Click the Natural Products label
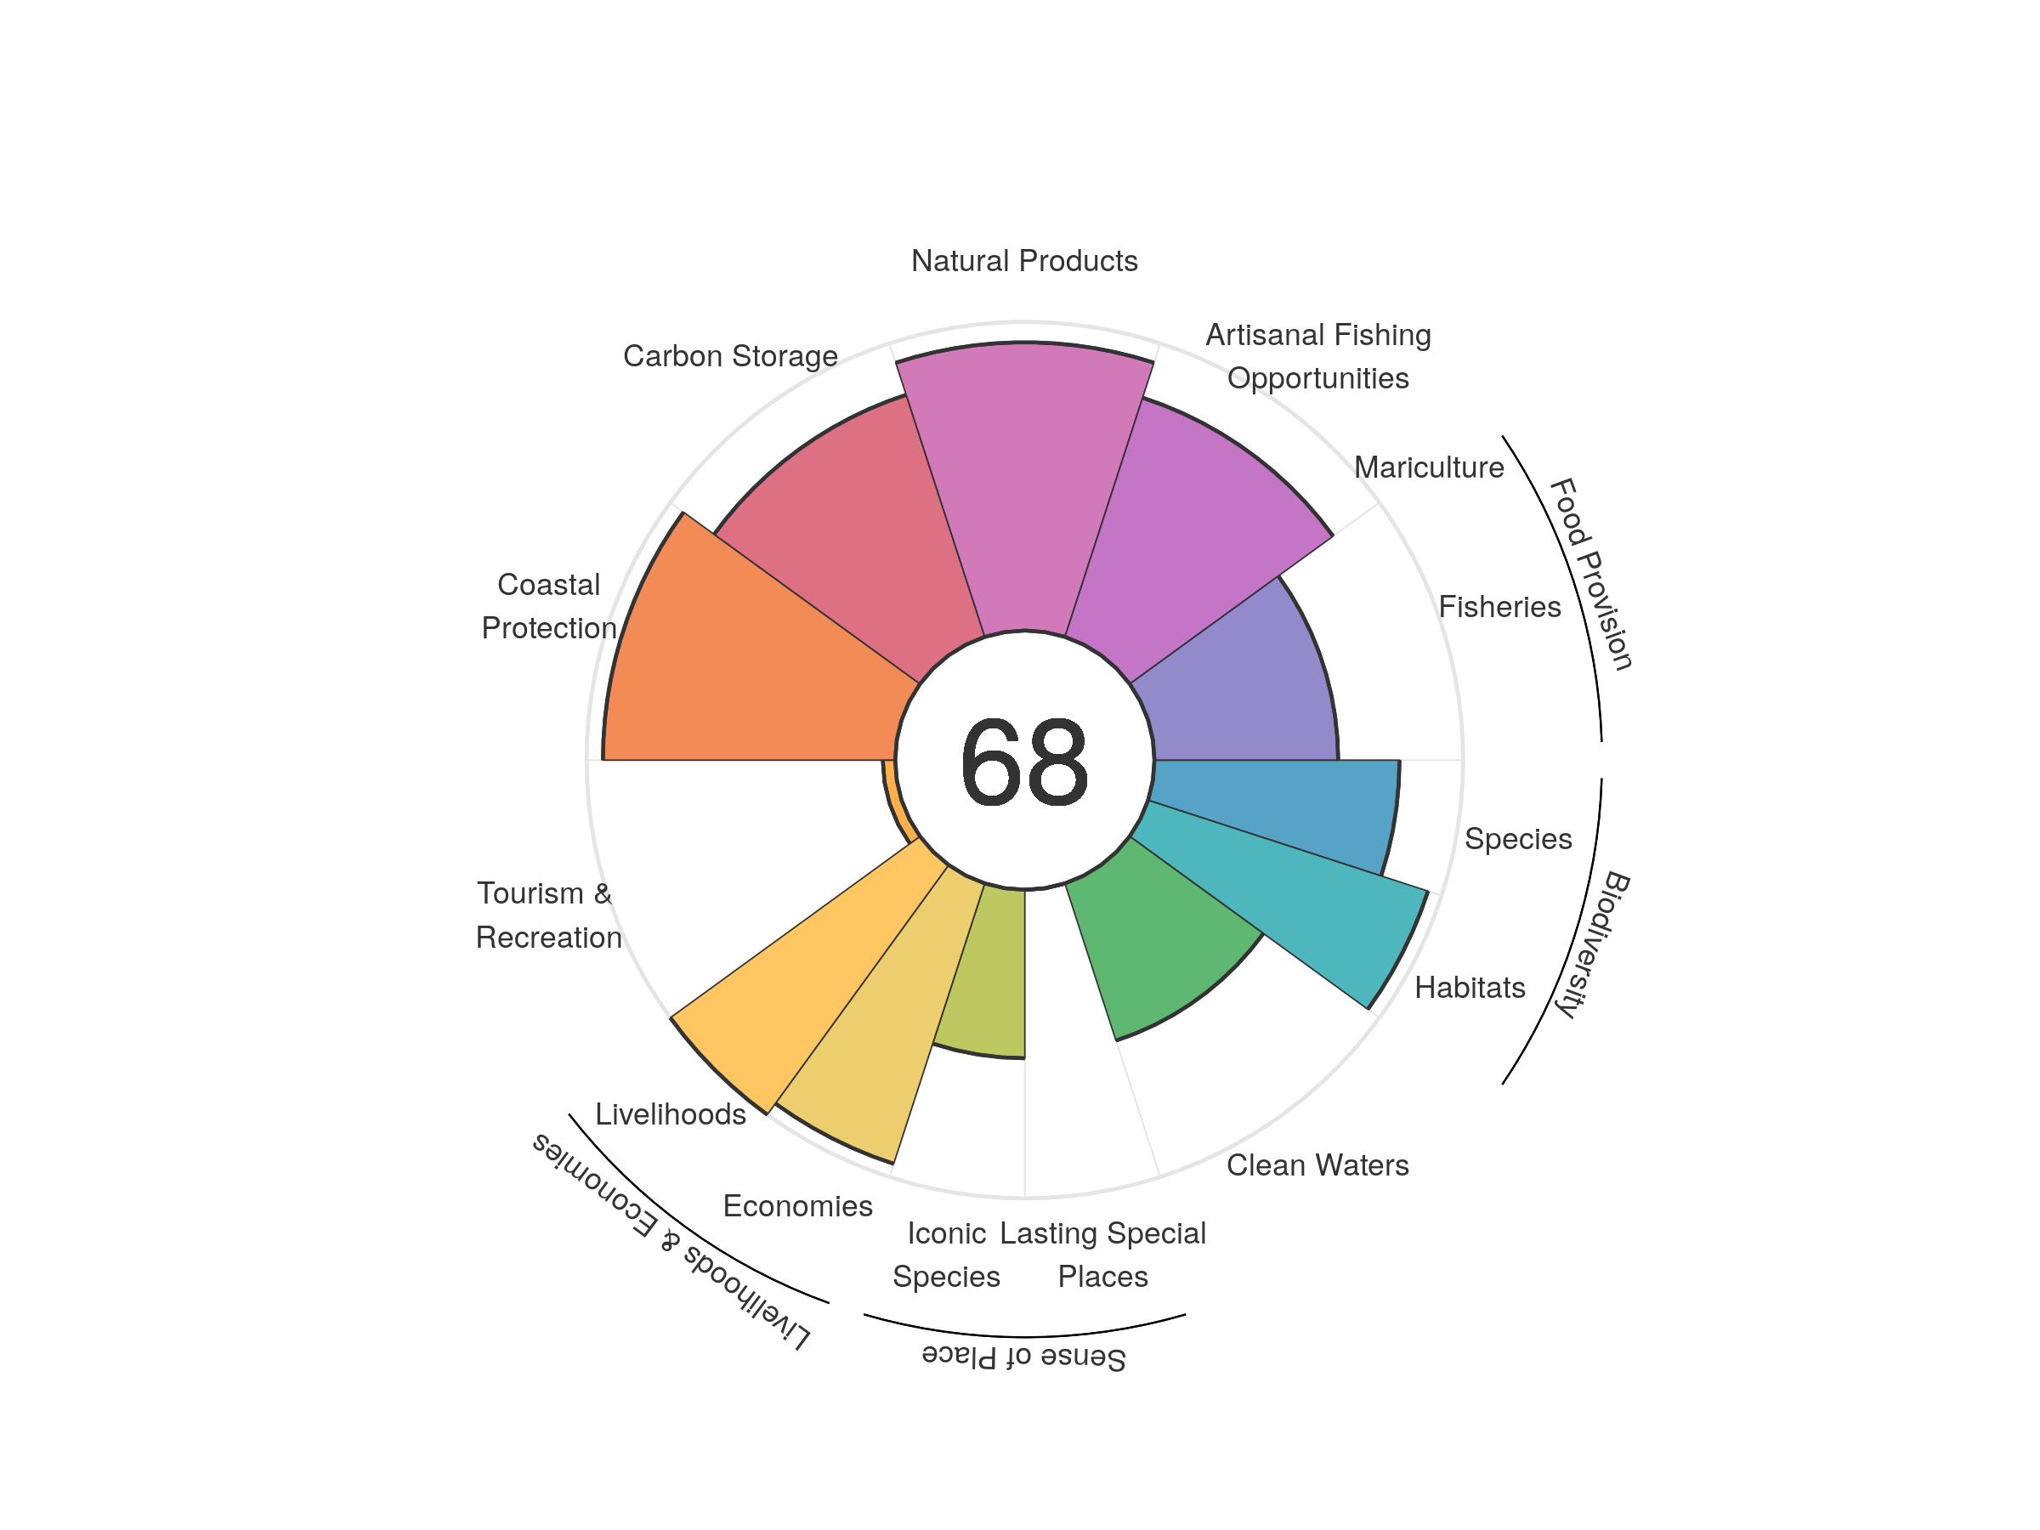[x=1023, y=261]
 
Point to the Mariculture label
[x=1429, y=467]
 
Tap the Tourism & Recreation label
[x=547, y=915]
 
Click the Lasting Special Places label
[x=1102, y=1255]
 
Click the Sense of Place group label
[x=1023, y=1357]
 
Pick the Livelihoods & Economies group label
[x=671, y=1240]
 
